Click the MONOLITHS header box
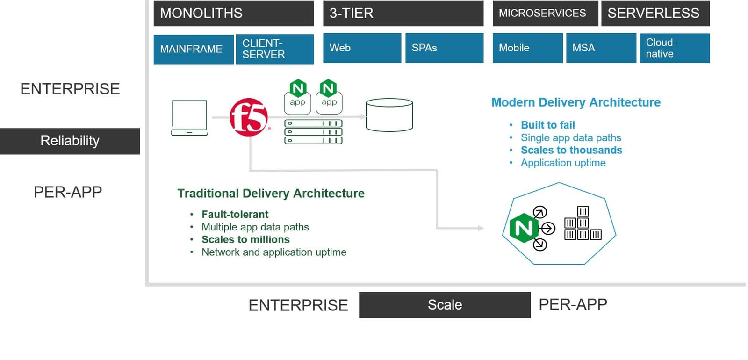tap(233, 13)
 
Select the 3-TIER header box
tap(403, 13)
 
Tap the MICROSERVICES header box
tap(545, 13)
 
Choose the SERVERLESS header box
tap(655, 13)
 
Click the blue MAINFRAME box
tap(193, 49)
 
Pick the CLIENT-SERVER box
tap(275, 49)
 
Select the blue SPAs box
tap(444, 48)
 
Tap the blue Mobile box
tap(527, 48)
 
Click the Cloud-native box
tap(674, 48)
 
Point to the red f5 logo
tap(249, 117)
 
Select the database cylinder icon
tap(389, 115)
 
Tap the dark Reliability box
tap(70, 141)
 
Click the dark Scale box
tap(445, 305)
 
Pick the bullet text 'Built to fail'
tap(547, 125)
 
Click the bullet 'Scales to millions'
tap(245, 239)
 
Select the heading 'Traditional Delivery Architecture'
tap(271, 194)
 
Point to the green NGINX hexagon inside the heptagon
tap(523, 228)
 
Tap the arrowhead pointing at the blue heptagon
tap(481, 228)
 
